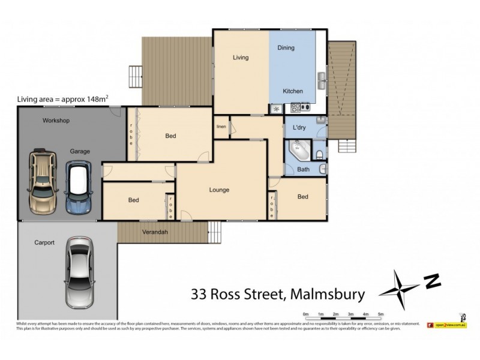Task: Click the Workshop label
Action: pos(56,121)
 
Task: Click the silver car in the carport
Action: pos(80,265)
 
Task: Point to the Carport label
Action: pos(44,243)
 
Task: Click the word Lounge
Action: pos(219,190)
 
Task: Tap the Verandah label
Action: pos(154,232)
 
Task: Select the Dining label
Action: pos(286,48)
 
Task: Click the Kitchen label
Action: pos(293,91)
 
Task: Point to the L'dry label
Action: pos(300,128)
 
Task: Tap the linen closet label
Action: pos(221,127)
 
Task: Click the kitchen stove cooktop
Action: pos(299,108)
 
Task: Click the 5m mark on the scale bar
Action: pos(380,314)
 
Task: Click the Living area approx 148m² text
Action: pos(62,100)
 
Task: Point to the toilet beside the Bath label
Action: pos(321,156)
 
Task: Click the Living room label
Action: pos(241,58)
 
